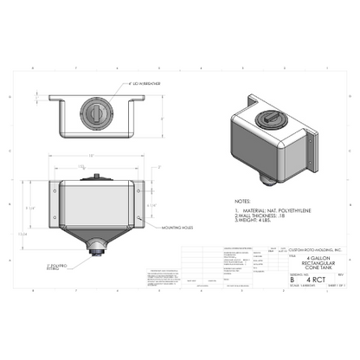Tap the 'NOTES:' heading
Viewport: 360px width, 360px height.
pos(243,199)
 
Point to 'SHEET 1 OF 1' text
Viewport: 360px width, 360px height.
pos(333,287)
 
